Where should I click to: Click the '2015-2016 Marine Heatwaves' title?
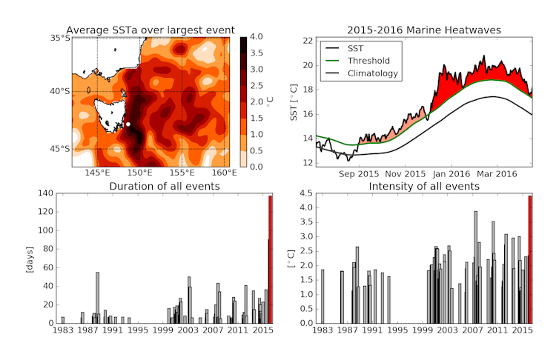point(424,30)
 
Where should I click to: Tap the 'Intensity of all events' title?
point(424,185)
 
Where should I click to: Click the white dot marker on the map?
point(128,124)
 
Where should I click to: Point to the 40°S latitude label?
point(59,91)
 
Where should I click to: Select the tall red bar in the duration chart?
point(271,259)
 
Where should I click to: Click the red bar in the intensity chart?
point(530,259)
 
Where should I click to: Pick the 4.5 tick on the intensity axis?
point(305,193)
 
